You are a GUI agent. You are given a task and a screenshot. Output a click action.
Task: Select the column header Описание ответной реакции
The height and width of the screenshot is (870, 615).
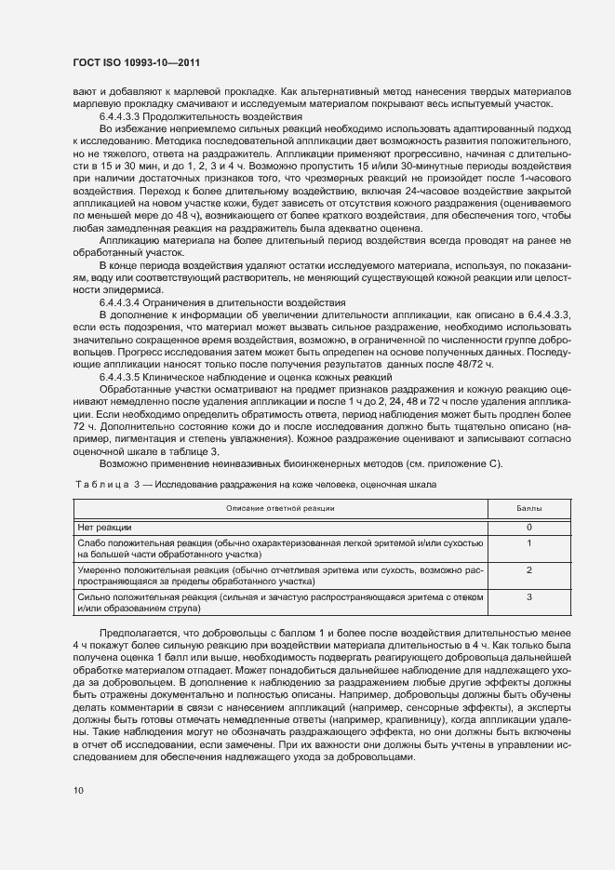[281, 508]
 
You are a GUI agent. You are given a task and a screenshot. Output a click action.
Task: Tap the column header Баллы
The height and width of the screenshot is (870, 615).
[528, 508]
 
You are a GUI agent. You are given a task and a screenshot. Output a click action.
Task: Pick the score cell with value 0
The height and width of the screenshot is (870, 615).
[528, 527]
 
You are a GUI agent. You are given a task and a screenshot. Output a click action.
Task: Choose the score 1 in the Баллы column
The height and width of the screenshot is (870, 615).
[528, 542]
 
